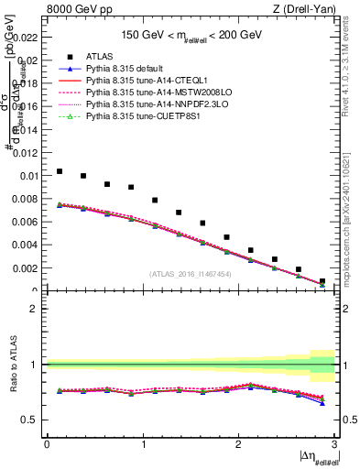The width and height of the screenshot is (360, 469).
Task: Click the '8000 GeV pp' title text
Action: (76, 8)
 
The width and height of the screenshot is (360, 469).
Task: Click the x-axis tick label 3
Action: (334, 443)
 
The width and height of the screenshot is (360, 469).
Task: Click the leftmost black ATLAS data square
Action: (60, 171)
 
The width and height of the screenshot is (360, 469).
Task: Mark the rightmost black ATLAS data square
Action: (322, 281)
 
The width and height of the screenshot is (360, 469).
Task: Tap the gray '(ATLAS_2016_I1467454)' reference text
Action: (190, 273)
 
